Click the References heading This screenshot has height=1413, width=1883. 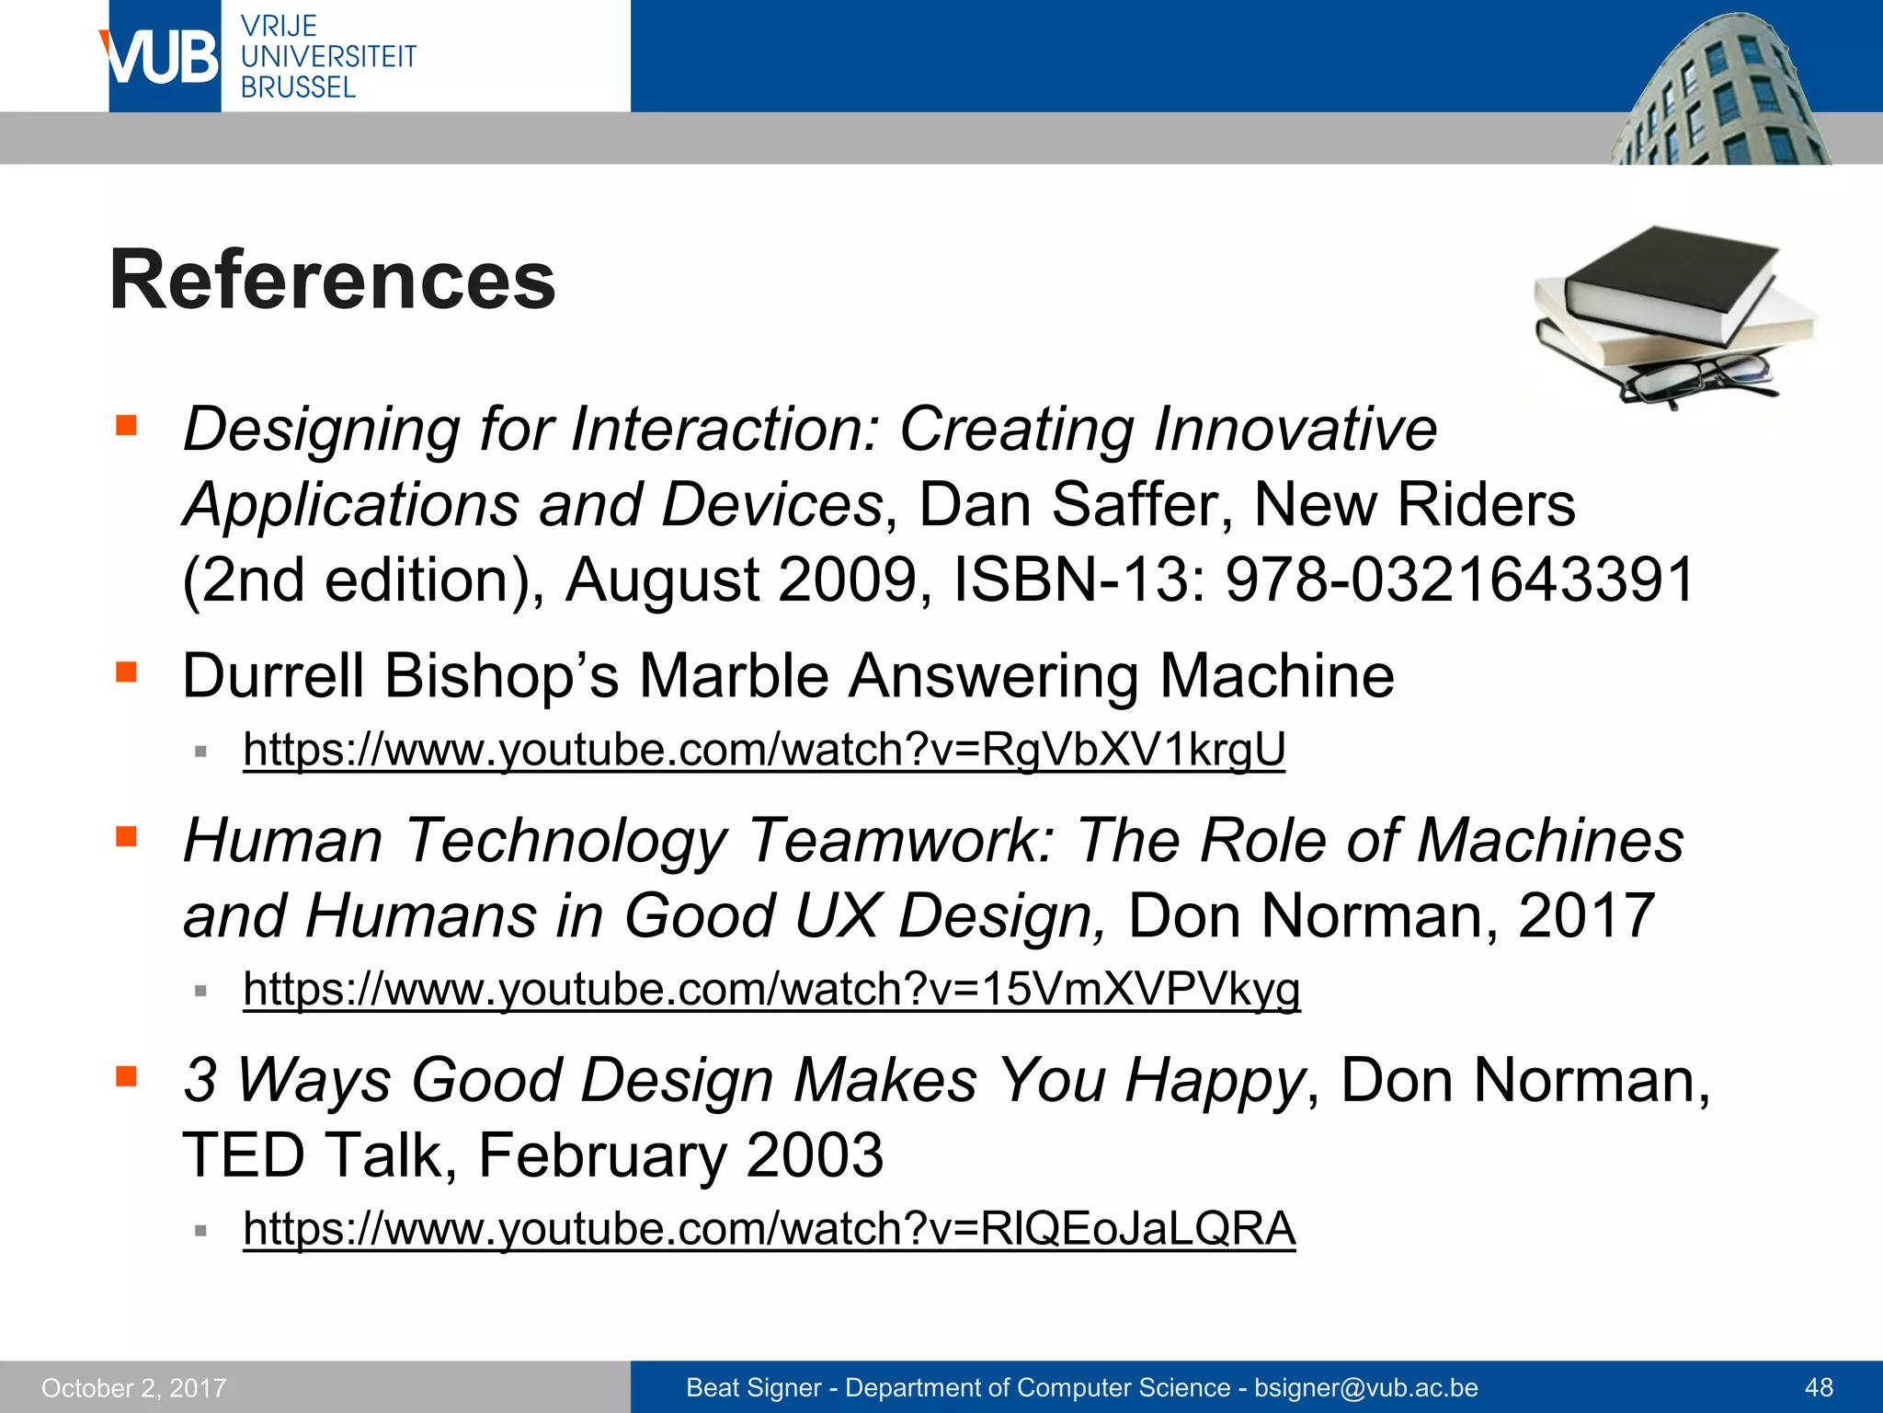(x=332, y=280)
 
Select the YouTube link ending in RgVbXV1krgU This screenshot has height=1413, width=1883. (x=763, y=750)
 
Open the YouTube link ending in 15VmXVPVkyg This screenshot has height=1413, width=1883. (x=770, y=989)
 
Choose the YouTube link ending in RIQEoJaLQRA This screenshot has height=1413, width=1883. (x=769, y=1228)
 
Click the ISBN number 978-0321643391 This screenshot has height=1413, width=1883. (x=1460, y=580)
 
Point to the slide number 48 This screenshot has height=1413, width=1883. (x=1819, y=1387)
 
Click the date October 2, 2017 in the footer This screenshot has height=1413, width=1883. (x=134, y=1387)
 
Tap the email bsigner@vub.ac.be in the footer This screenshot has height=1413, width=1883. (x=1366, y=1387)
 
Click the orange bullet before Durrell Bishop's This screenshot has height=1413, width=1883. (x=126, y=672)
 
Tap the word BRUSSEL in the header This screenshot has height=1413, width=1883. (x=298, y=87)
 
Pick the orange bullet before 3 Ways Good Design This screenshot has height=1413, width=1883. (x=126, y=1076)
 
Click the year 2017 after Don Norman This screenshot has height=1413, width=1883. (x=1586, y=915)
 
